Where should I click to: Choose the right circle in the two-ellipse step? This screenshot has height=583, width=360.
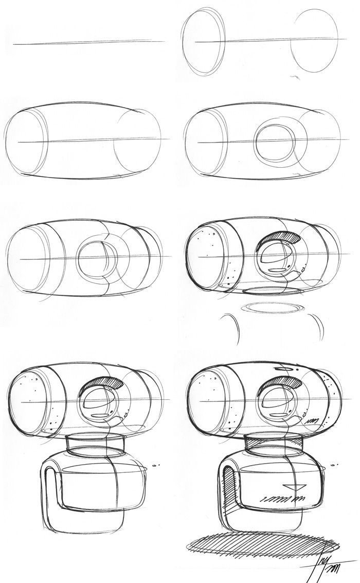314,45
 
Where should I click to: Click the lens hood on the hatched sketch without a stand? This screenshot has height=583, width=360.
281,238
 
